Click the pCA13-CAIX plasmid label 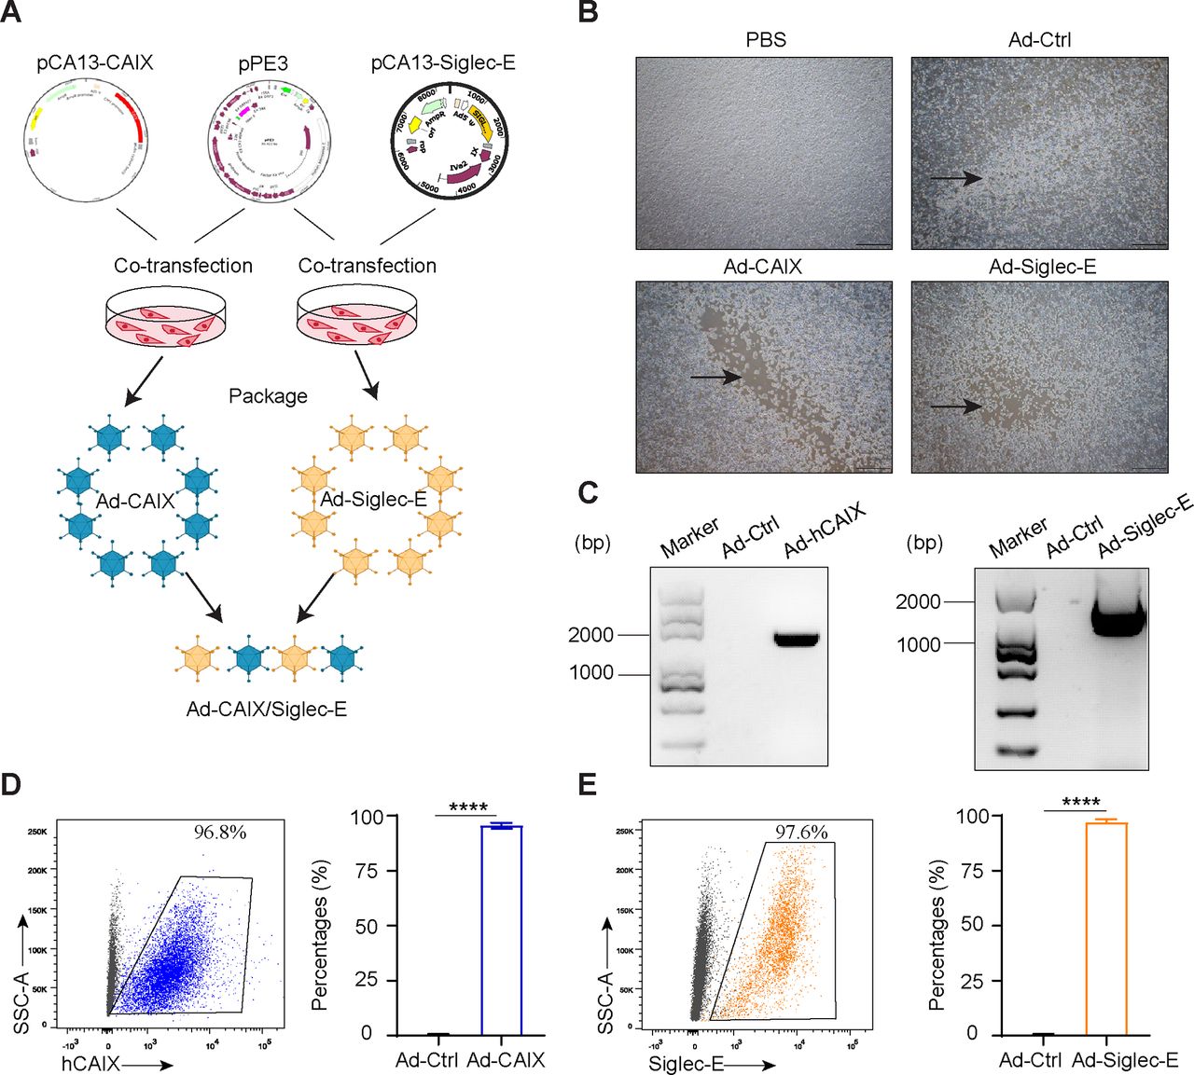[x=94, y=62]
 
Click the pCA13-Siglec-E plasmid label [x=443, y=62]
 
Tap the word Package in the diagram [x=268, y=396]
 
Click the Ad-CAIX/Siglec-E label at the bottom [x=267, y=710]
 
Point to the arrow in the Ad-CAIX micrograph [x=715, y=377]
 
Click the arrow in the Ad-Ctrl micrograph [x=955, y=178]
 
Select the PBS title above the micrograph [x=765, y=40]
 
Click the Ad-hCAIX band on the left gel [x=796, y=640]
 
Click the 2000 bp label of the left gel [x=590, y=635]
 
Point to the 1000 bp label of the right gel [x=918, y=644]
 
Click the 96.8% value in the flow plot [x=220, y=833]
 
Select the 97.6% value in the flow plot [x=801, y=832]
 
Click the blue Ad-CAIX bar [x=501, y=930]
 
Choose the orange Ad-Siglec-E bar [x=1106, y=929]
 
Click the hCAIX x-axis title [x=90, y=1063]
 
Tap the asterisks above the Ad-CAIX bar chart [x=468, y=806]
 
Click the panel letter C [x=588, y=492]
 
